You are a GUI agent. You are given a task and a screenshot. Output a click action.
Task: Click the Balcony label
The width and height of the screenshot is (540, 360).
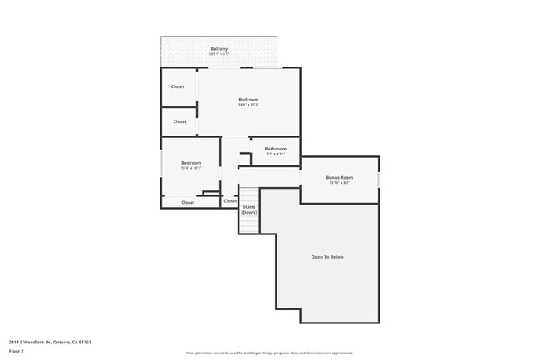pyautogui.click(x=219, y=49)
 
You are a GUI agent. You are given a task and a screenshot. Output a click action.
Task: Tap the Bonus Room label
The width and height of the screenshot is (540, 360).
pyautogui.click(x=339, y=177)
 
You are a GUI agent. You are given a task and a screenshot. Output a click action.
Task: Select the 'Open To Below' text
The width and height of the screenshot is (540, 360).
pyautogui.click(x=327, y=257)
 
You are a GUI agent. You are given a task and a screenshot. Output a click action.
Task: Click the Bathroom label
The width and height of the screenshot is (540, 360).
pyautogui.click(x=276, y=149)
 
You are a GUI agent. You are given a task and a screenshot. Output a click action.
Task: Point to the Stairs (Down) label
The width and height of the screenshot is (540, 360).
pyautogui.click(x=249, y=210)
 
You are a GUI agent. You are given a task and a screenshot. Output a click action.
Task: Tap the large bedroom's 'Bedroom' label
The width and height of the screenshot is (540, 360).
pyautogui.click(x=248, y=100)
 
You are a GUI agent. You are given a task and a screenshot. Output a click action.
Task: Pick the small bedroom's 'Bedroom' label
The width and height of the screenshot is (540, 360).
pyautogui.click(x=191, y=163)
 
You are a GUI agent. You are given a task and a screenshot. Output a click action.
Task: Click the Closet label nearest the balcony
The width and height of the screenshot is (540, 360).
pyautogui.click(x=178, y=86)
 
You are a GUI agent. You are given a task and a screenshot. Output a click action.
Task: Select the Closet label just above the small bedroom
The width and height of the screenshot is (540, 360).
pyautogui.click(x=180, y=121)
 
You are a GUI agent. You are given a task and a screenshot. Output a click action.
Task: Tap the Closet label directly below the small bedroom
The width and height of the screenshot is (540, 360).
pyautogui.click(x=188, y=202)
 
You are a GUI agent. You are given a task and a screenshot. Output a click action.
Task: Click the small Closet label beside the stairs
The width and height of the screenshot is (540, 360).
pyautogui.click(x=230, y=200)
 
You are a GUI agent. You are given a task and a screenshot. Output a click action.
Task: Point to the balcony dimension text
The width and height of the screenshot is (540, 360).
pyautogui.click(x=219, y=55)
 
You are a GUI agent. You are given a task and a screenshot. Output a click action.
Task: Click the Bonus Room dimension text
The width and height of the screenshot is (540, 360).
pyautogui.click(x=339, y=183)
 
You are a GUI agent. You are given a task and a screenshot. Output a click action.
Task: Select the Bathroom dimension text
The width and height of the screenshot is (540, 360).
pyautogui.click(x=276, y=154)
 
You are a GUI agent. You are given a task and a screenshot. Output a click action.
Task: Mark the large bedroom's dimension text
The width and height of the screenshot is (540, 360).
pyautogui.click(x=248, y=105)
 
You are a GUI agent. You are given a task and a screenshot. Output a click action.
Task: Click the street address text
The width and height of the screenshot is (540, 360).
pyautogui.click(x=50, y=342)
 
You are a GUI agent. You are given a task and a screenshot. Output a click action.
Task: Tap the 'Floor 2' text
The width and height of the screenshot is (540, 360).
pyautogui.click(x=17, y=351)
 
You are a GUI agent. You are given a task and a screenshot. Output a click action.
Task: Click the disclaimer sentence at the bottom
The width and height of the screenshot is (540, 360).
pyautogui.click(x=269, y=353)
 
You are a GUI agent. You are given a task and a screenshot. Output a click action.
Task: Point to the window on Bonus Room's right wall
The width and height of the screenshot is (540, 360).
pyautogui.click(x=379, y=179)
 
